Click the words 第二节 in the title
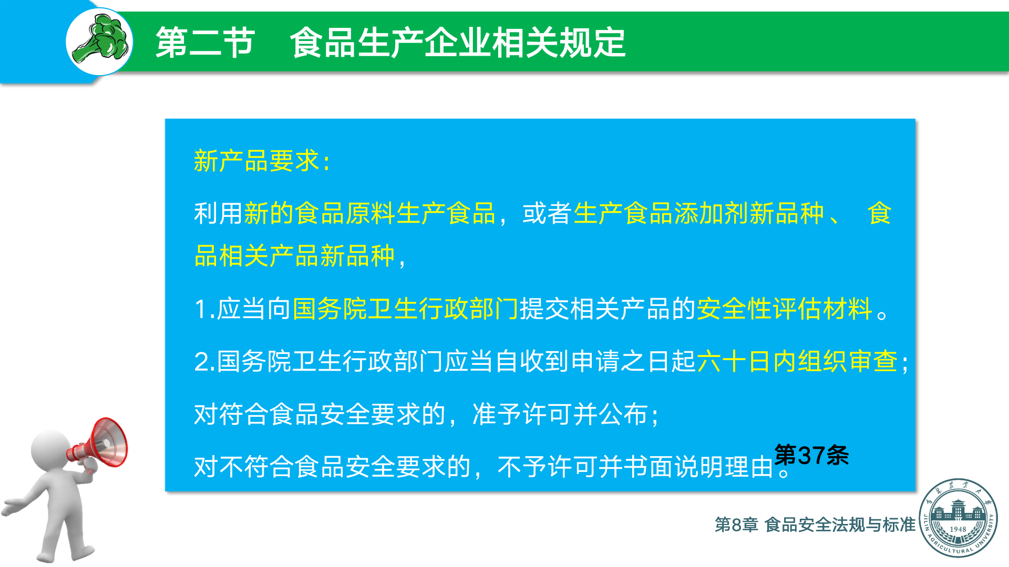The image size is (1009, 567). [205, 43]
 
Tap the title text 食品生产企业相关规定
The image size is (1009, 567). [458, 43]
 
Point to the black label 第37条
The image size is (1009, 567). [812, 455]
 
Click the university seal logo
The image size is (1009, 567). [958, 518]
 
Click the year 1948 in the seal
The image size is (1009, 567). [958, 529]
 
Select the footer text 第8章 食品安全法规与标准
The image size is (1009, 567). [815, 524]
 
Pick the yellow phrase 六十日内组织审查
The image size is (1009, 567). [797, 362]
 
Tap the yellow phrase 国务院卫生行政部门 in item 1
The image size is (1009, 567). [405, 309]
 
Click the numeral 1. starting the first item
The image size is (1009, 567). [204, 309]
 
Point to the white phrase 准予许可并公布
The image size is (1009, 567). [560, 414]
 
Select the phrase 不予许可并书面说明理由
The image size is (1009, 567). [636, 467]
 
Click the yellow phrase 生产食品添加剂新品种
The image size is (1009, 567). [699, 213]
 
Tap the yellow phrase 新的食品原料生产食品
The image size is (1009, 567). [370, 213]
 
